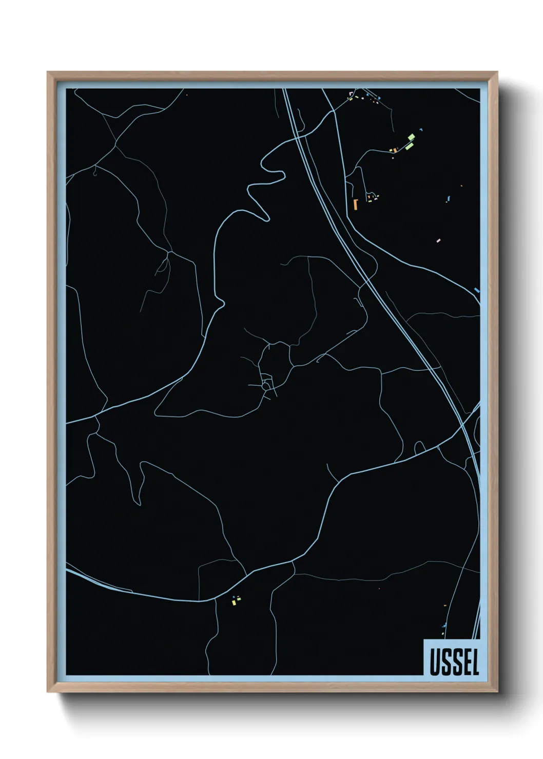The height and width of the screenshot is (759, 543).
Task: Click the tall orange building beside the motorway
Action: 355,204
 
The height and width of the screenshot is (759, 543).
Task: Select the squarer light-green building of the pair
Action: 412,137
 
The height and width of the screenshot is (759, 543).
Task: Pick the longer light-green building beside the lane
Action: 409,146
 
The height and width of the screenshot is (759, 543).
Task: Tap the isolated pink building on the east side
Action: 438,240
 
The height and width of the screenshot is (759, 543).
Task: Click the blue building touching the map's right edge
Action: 477,291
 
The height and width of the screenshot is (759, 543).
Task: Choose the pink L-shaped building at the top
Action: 351,93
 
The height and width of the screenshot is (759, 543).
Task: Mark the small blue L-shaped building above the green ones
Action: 421,130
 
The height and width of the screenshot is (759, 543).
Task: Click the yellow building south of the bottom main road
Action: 234,603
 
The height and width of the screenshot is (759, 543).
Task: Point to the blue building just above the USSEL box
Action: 443,626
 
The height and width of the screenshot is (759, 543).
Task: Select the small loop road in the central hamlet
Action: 266,381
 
